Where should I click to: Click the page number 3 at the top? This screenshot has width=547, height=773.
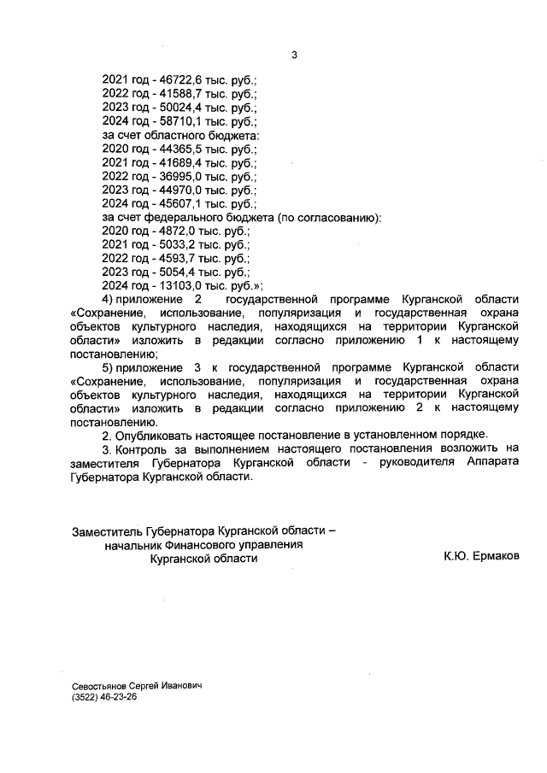[x=294, y=56]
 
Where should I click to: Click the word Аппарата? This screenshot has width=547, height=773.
[x=492, y=464]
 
